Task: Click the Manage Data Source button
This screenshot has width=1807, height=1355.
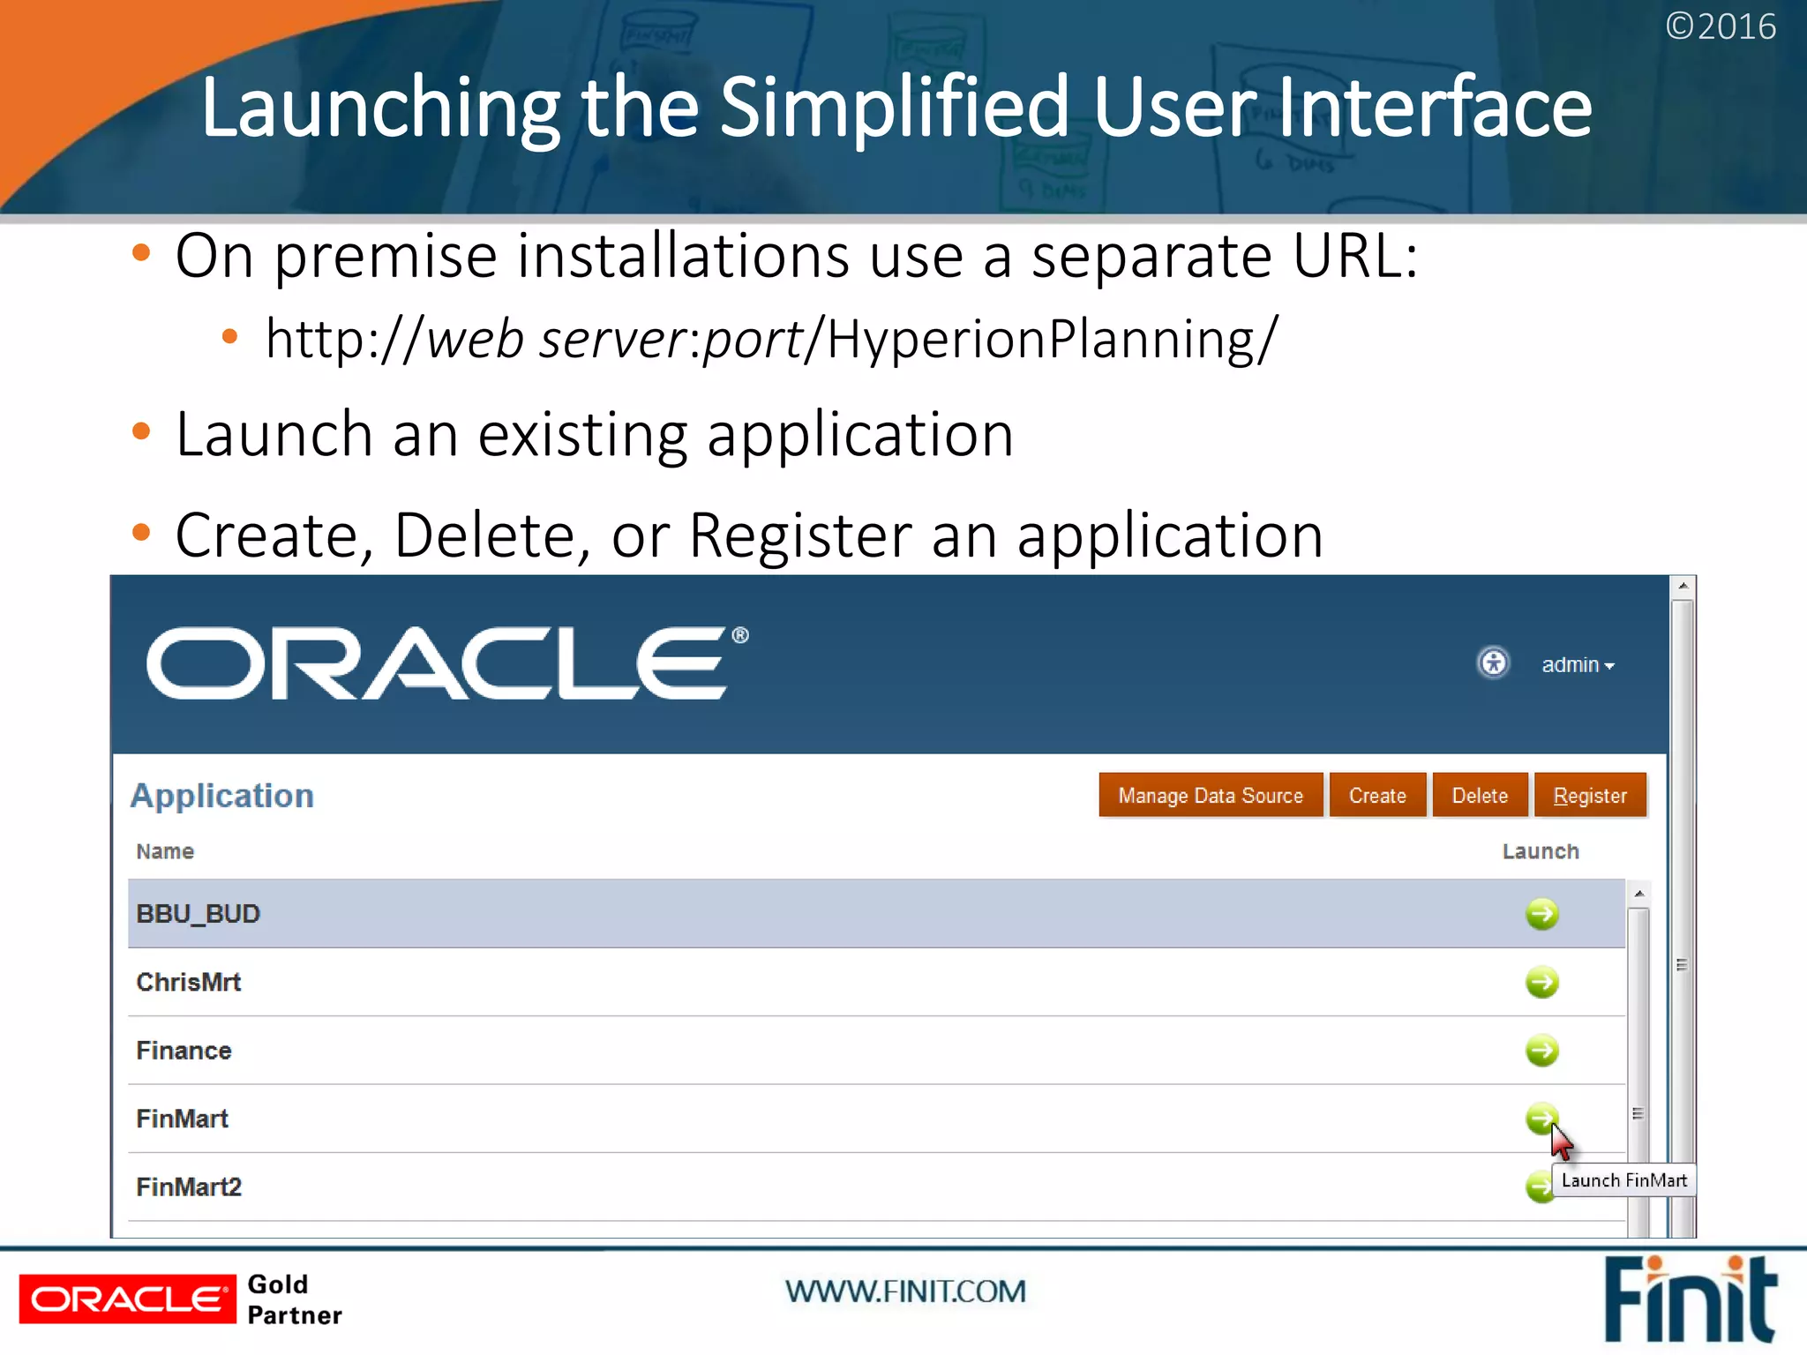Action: (1210, 795)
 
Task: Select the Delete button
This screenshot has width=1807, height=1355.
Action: (1479, 795)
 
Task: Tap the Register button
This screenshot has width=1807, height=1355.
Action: (1589, 795)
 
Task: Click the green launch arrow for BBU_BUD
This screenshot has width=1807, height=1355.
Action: (1541, 913)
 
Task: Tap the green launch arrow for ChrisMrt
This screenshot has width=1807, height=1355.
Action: (1541, 982)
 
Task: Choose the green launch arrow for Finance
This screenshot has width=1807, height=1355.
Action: (1541, 1050)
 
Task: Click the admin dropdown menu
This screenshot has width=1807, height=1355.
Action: (1577, 665)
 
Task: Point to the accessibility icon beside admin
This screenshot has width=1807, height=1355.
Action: (1493, 663)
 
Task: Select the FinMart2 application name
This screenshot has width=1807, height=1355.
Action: (189, 1187)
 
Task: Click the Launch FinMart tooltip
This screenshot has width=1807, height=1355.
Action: (1623, 1180)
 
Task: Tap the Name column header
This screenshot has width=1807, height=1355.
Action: (165, 851)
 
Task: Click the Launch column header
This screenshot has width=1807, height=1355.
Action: (1540, 851)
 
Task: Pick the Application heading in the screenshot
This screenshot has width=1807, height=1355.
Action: (222, 796)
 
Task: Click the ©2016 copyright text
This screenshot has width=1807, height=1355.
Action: (1720, 26)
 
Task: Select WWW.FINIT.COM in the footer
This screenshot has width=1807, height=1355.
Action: (905, 1291)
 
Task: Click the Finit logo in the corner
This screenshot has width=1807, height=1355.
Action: (1689, 1299)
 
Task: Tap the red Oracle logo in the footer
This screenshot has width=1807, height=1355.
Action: (128, 1299)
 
